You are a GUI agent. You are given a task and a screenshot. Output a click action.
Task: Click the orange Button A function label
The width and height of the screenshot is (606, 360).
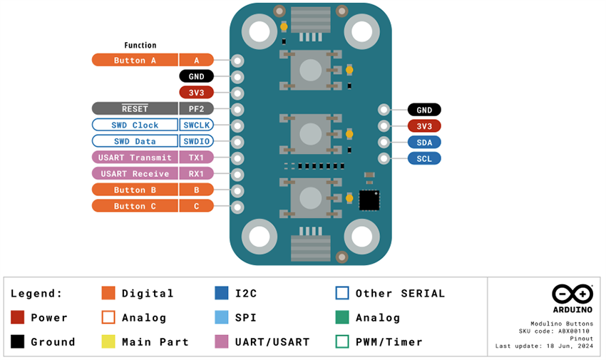135,60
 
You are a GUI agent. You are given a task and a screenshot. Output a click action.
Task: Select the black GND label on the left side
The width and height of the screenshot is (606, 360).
196,76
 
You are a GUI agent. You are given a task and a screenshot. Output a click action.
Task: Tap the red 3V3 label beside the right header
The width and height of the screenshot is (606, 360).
424,126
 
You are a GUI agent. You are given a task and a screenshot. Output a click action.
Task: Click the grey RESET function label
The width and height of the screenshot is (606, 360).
135,108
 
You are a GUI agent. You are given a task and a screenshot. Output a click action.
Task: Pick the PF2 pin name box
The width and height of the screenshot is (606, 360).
196,108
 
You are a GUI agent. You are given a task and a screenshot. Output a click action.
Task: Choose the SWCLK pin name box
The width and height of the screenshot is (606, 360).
196,125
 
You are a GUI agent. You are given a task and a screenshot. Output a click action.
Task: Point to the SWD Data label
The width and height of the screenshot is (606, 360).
135,141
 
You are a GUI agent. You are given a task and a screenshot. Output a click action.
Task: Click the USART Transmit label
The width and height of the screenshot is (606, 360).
135,158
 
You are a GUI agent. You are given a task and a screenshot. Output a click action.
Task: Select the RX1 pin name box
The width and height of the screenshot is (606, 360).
196,173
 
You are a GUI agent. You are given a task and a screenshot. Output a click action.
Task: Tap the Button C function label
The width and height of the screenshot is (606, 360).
135,206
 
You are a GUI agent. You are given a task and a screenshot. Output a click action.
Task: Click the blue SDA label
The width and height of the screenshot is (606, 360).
424,142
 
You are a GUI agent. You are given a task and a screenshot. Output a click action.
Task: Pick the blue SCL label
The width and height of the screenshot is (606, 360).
424,158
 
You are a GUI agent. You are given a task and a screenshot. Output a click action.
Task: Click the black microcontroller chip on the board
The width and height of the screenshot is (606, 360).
369,200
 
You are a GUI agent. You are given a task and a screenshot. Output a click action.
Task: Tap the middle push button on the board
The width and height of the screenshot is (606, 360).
310,133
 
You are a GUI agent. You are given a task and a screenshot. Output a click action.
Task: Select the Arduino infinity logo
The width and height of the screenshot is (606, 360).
572,294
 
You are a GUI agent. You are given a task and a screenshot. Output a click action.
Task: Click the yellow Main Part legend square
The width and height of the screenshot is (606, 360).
108,341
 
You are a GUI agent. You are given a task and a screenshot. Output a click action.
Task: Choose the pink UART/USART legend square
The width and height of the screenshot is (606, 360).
222,341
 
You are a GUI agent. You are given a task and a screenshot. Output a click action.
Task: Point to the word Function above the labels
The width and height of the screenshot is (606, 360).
140,45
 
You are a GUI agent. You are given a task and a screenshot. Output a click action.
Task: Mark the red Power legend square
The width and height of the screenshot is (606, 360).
18,317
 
